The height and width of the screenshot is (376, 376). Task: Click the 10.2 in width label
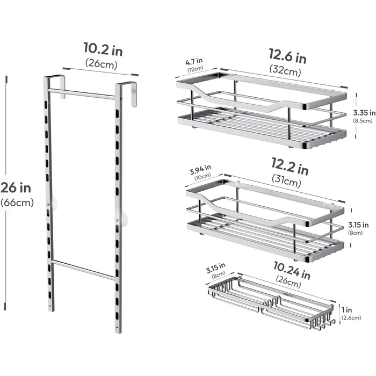tap(103, 49)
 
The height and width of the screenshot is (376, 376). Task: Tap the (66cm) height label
tap(17, 203)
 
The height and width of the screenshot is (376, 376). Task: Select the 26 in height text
tap(16, 187)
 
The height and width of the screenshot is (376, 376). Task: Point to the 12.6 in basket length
tap(288, 56)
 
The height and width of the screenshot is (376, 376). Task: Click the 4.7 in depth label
tap(194, 61)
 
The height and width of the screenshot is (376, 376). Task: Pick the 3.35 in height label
tap(364, 112)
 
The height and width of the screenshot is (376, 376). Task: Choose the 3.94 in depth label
tap(200, 170)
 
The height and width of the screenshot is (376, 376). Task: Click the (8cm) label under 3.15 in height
tap(356, 233)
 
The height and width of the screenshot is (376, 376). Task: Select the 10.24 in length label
tap(292, 271)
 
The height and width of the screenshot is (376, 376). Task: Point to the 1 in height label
tap(347, 310)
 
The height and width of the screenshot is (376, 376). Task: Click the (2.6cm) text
tap(351, 318)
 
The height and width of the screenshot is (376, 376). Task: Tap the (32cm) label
tap(285, 70)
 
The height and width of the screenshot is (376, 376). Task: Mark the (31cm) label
tap(286, 181)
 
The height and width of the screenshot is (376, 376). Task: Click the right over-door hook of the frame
tap(134, 94)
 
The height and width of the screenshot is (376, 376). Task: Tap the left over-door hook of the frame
tap(62, 86)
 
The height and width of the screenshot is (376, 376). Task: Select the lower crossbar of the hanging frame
tap(83, 270)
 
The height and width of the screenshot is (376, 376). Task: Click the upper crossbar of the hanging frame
tap(82, 94)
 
